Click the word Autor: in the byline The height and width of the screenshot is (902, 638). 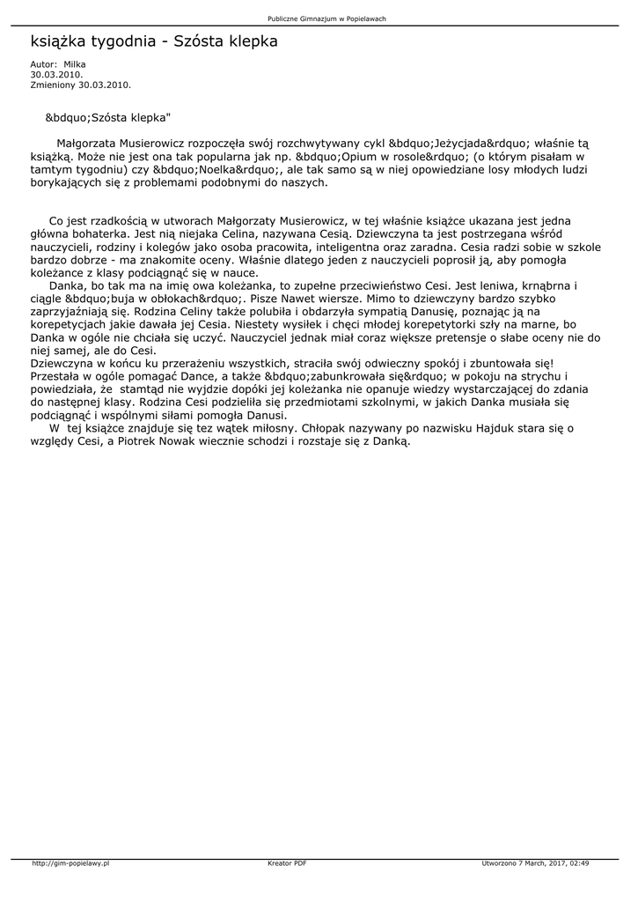pos(43,64)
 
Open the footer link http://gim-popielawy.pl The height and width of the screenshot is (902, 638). pos(70,863)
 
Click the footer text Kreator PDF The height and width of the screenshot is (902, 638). pos(287,863)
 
